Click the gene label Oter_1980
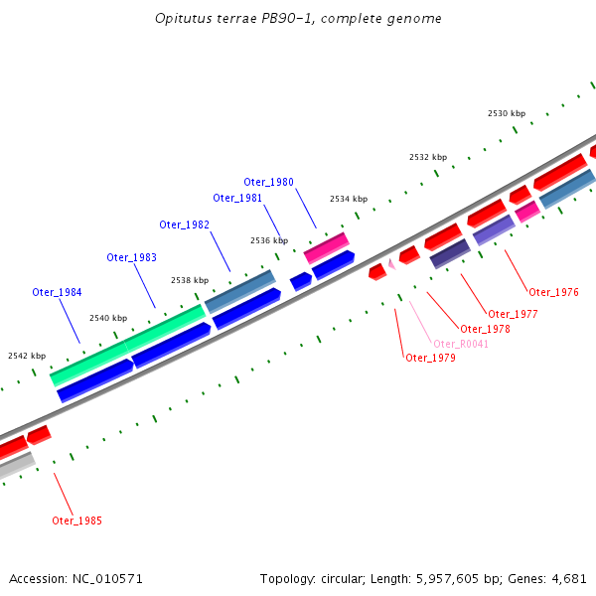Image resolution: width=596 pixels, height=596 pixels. [x=268, y=182]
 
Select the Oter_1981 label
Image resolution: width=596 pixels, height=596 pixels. [x=237, y=198]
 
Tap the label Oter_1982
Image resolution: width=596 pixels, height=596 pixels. [x=184, y=224]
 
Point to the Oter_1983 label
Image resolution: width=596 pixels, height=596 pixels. [x=131, y=258]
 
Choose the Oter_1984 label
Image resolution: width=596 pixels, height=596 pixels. [x=57, y=292]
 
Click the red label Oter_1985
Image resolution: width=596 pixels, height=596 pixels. [x=76, y=521]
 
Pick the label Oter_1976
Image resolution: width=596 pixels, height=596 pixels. [x=553, y=292]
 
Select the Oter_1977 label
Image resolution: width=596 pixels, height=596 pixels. [x=513, y=314]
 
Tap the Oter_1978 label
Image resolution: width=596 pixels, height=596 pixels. [x=485, y=329]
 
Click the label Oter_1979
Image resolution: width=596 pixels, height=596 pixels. [x=430, y=358]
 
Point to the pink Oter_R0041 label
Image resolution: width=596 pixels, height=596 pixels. [x=461, y=344]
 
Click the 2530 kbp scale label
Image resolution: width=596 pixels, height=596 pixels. [x=506, y=113]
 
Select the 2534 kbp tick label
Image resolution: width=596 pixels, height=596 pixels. [x=349, y=199]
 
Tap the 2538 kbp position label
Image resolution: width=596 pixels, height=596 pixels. [x=190, y=280]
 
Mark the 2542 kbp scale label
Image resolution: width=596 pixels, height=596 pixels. [x=27, y=355]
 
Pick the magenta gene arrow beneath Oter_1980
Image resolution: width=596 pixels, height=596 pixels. [x=326, y=247]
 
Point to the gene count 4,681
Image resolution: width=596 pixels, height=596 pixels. [x=566, y=578]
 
